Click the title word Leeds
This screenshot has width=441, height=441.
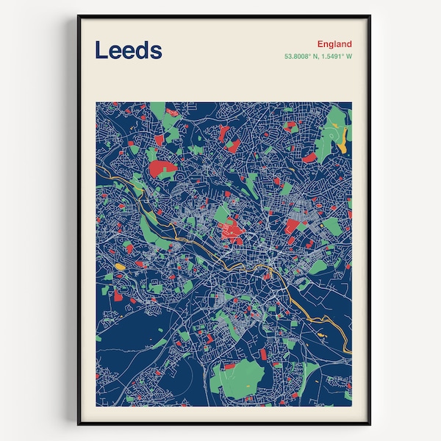pyautogui.click(x=129, y=50)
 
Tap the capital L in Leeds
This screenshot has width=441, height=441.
pyautogui.click(x=101, y=50)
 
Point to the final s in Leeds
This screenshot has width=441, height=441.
pyautogui.click(x=156, y=51)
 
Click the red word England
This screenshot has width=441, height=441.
pyautogui.click(x=334, y=44)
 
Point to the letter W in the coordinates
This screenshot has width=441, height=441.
pyautogui.click(x=349, y=57)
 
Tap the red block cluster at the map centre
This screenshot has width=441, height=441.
pyautogui.click(x=232, y=232)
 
